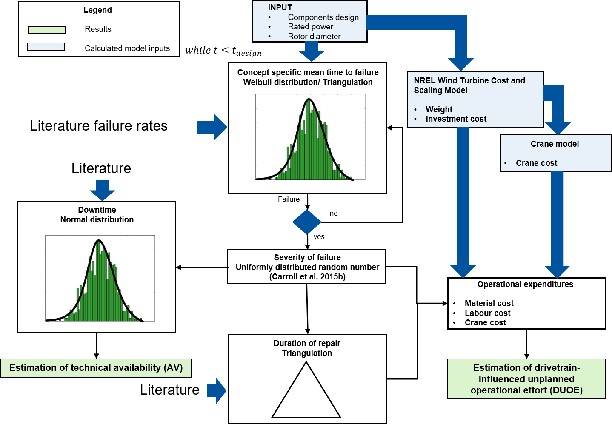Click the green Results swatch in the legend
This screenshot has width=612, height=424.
pos(47,30)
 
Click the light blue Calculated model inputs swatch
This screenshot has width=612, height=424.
pos(46,47)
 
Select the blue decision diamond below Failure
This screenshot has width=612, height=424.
pos(306,222)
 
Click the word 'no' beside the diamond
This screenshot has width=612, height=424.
pos(334,213)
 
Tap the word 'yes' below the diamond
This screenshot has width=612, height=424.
pos(319,237)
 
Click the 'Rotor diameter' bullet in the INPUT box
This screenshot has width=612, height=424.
pos(314,37)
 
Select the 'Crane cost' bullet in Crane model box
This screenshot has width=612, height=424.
pos(536,163)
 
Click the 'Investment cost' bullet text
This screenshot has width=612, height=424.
pos(456,119)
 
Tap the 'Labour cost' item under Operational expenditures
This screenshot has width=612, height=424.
pos(487,313)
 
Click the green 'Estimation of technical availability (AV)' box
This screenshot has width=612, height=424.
pos(96,368)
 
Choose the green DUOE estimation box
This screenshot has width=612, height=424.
pos(526,379)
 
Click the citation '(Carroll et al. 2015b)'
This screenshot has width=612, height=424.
pos(307,277)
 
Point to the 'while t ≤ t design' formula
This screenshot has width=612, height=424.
pos(223,51)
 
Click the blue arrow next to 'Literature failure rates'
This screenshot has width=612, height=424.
pos(212,127)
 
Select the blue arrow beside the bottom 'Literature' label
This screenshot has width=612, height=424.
pos(217,390)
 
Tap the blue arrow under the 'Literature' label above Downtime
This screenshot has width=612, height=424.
pos(102,190)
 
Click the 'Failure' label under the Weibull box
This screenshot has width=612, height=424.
pos(289,199)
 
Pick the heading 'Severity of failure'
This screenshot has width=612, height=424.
pos(307,258)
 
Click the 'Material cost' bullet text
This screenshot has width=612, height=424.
pos(489,304)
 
